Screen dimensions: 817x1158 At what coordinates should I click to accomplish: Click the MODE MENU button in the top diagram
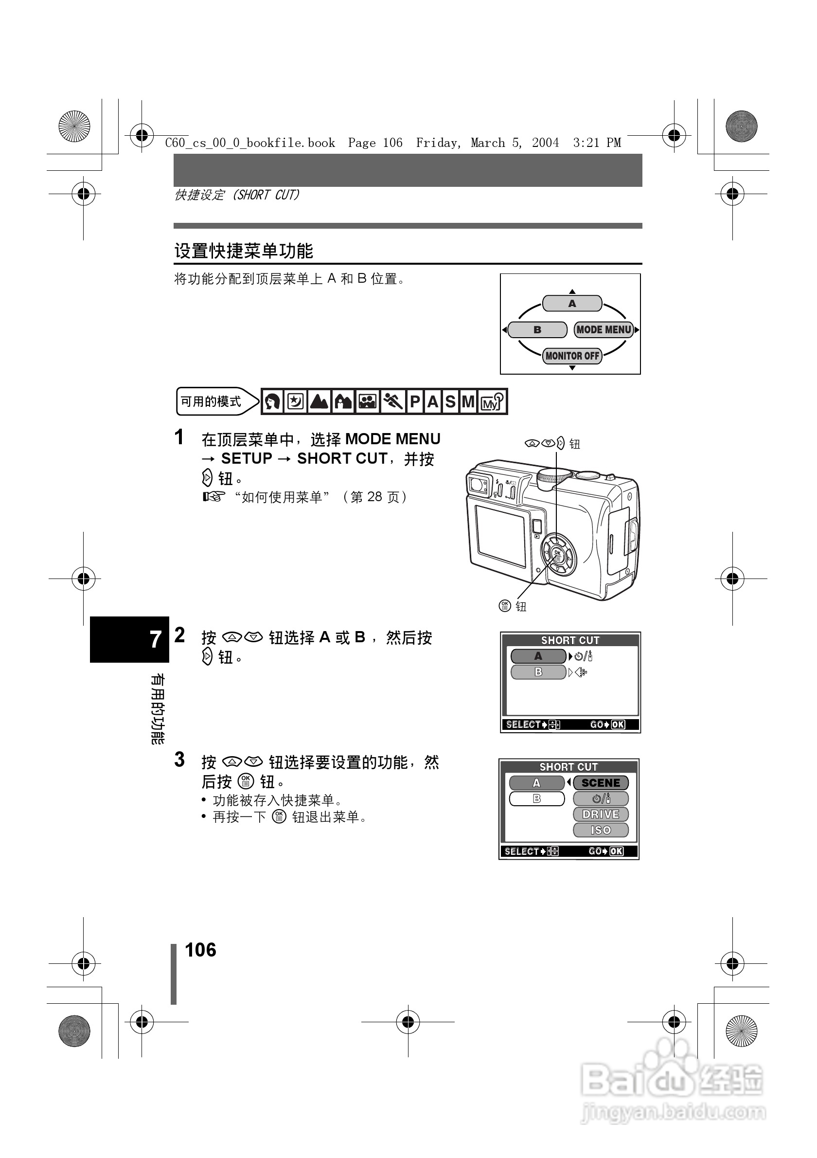(604, 330)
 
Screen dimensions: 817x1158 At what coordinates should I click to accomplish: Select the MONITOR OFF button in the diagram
(572, 356)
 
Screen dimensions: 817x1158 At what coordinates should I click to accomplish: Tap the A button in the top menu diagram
(572, 304)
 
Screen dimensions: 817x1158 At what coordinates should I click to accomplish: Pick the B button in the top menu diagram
(537, 330)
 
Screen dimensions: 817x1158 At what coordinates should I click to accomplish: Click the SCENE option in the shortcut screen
(601, 783)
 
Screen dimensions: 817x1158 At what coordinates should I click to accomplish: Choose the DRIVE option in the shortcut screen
(601, 814)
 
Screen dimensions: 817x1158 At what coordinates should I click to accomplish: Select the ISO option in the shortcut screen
(601, 830)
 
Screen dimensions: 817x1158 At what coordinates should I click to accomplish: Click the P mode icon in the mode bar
(415, 401)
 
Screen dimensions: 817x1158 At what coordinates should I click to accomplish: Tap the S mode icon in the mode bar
(450, 401)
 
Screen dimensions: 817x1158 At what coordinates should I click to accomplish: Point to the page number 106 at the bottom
(200, 950)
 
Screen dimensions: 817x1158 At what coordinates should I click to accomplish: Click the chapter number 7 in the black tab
(155, 639)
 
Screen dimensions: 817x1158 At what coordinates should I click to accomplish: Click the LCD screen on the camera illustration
(500, 536)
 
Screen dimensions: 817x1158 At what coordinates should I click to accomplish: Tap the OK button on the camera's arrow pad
(557, 554)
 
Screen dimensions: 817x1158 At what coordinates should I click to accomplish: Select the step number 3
(179, 760)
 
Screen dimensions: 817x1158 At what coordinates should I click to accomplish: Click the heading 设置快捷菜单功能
(244, 251)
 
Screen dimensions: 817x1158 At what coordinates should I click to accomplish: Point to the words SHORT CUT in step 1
(342, 458)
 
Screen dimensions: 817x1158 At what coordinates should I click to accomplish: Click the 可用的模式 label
(211, 401)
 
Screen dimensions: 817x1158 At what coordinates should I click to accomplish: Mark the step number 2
(179, 635)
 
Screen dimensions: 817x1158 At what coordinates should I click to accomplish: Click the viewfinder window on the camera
(477, 484)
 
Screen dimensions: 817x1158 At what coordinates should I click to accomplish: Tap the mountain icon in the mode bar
(320, 401)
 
